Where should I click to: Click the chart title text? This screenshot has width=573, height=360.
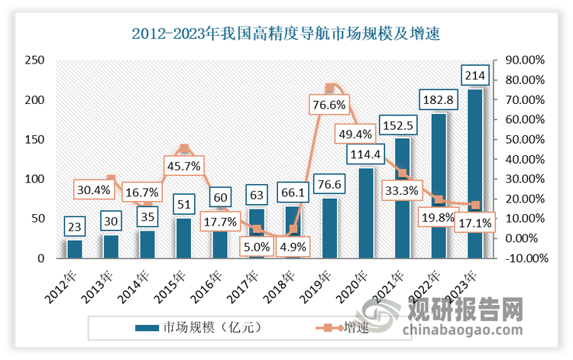pos(286,34)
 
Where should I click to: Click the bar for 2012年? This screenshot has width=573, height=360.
pos(74,249)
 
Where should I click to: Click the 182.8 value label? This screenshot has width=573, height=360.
pos(438,99)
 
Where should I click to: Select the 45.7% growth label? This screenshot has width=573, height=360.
pos(183,164)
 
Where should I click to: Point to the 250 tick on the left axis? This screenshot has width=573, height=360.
pos(34,60)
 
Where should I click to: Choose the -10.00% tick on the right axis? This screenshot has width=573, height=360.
pos(524,258)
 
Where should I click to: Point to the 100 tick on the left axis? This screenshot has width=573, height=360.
pos(34,179)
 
